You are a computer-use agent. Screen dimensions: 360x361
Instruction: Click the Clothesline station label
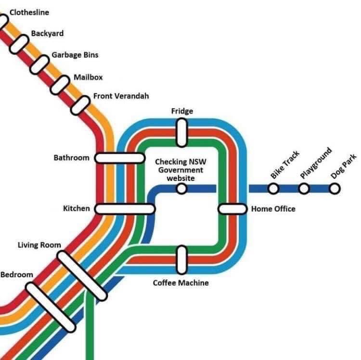click(x=29, y=12)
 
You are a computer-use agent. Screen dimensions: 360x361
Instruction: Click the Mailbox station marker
click(x=60, y=85)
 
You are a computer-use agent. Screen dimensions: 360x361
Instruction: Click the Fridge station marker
click(x=181, y=132)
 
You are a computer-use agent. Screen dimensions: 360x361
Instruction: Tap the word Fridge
click(x=182, y=111)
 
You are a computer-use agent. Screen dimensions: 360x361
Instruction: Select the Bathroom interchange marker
click(x=119, y=158)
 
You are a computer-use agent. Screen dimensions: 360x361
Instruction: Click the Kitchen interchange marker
click(x=125, y=209)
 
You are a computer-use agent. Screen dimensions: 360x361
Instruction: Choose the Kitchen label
click(x=77, y=208)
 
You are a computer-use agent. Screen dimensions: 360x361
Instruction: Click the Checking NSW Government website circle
click(x=181, y=189)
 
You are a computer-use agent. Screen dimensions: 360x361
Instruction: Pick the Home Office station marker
click(x=232, y=209)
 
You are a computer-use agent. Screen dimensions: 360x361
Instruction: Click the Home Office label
click(x=273, y=209)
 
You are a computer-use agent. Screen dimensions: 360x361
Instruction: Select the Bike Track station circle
click(x=273, y=189)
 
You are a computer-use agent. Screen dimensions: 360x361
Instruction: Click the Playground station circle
click(x=304, y=189)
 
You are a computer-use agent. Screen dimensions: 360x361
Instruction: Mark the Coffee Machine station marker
click(x=181, y=258)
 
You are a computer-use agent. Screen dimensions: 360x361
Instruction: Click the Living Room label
click(x=39, y=245)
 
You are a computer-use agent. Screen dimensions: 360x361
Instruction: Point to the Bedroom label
click(x=17, y=275)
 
